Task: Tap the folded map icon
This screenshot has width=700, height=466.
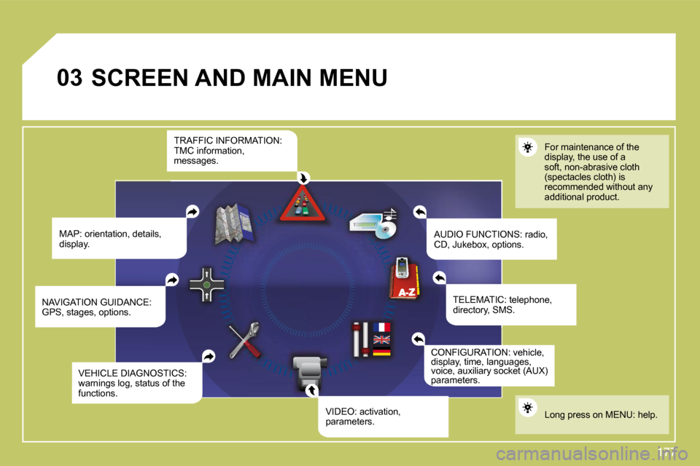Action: pyautogui.click(x=233, y=222)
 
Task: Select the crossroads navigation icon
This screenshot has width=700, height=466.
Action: pyautogui.click(x=208, y=284)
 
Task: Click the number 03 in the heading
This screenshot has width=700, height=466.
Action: pyautogui.click(x=70, y=77)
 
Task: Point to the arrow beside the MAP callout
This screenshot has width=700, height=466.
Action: pyautogui.click(x=192, y=211)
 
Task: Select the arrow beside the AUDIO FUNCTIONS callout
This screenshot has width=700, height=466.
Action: pyautogui.click(x=419, y=212)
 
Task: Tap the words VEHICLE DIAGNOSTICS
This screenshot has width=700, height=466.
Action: pyautogui.click(x=132, y=373)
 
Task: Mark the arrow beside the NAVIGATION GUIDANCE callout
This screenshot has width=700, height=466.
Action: pyautogui.click(x=172, y=280)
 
